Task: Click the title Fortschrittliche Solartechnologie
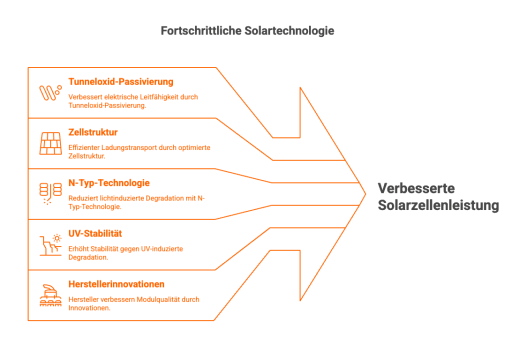pos(247,31)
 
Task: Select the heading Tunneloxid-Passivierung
pos(120,81)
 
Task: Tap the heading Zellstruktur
pos(93,132)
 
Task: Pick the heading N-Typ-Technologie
pos(109,183)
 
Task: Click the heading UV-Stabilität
pos(95,233)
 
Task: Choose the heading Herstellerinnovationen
pos(116,284)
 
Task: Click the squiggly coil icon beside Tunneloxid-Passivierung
pos(50,92)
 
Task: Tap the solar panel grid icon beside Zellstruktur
pos(50,143)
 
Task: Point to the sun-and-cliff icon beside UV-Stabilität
pos(50,244)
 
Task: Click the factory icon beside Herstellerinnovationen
pos(50,295)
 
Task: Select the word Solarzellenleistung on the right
pos(438,205)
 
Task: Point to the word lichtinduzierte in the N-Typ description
pos(115,198)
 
